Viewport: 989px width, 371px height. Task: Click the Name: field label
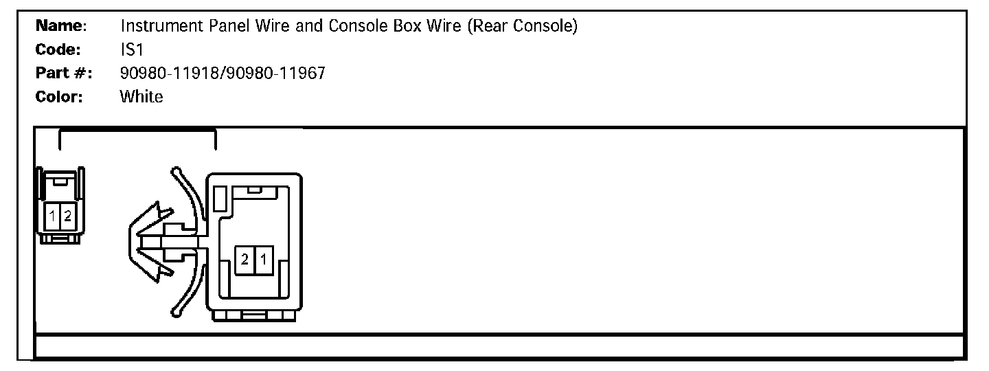tap(60, 27)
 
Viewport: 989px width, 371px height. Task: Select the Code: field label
tap(58, 50)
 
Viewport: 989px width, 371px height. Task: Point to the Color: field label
tap(59, 97)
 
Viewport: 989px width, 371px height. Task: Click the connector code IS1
tap(131, 50)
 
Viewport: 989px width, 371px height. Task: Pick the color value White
tap(141, 97)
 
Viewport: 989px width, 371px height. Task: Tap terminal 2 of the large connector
tap(245, 260)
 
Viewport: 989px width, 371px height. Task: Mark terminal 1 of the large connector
tap(263, 260)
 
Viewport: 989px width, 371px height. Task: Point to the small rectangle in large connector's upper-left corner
tap(220, 200)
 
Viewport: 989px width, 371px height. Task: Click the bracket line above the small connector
tap(137, 129)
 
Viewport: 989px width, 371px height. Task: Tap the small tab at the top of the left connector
tap(60, 181)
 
